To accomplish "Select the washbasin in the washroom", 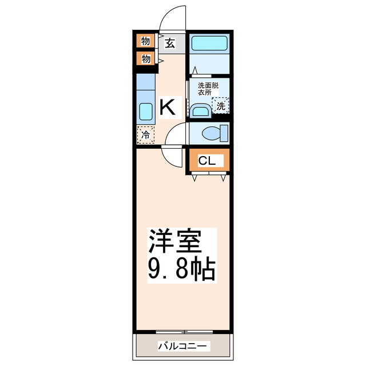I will (200, 110).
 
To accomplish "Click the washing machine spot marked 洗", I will (220, 105).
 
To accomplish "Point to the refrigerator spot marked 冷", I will (145, 135).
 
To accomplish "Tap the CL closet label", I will (207, 161).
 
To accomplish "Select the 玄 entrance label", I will (170, 42).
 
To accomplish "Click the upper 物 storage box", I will (145, 41).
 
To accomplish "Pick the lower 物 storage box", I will (145, 58).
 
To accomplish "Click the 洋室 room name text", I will (176, 242).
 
